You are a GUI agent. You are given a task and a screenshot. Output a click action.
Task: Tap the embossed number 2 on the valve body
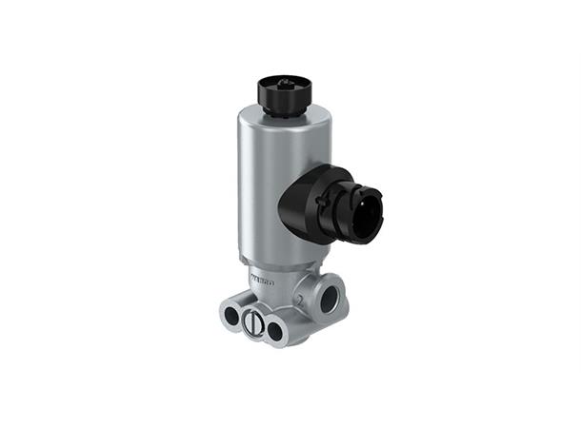301,301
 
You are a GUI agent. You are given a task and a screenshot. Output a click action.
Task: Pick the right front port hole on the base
276,330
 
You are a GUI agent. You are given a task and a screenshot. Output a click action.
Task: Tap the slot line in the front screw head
254,324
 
